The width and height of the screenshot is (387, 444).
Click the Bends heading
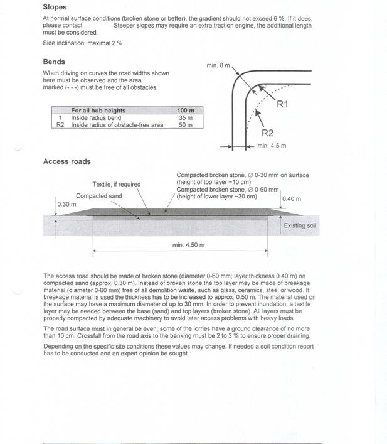[x=54, y=62]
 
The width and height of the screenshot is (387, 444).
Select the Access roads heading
[x=66, y=161]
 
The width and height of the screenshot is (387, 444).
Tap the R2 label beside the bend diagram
[x=267, y=133]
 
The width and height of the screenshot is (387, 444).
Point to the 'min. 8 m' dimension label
[x=219, y=65]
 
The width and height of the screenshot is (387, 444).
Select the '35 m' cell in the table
[x=186, y=117]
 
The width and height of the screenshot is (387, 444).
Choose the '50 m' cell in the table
[x=186, y=125]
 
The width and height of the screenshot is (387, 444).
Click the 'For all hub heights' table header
[x=98, y=111]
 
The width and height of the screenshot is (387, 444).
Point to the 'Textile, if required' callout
[x=117, y=184]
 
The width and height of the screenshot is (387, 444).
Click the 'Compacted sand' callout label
[x=99, y=196]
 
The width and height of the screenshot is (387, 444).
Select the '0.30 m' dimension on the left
[x=66, y=204]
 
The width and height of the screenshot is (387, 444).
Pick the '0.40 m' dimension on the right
[x=292, y=199]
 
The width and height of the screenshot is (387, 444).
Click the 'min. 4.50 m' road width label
[x=188, y=244]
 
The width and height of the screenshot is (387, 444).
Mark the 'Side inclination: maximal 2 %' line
[x=82, y=43]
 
